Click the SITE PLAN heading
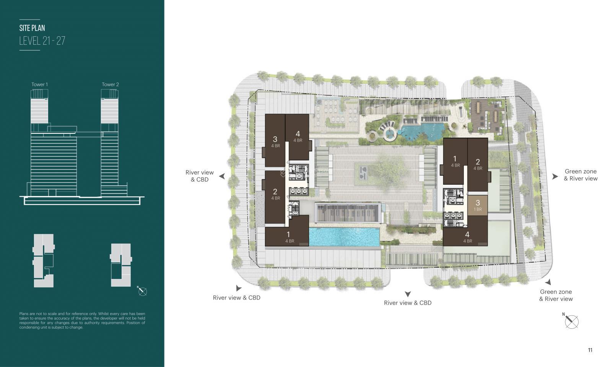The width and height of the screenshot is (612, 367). [32, 28]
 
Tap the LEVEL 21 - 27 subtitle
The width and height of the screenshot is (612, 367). [42, 41]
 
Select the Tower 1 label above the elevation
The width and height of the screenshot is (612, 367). [39, 84]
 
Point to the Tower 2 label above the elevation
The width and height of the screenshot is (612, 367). [110, 84]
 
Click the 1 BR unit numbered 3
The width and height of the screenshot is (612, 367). [477, 205]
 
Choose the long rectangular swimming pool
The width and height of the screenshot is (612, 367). [344, 237]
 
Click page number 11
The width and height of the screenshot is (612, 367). [590, 350]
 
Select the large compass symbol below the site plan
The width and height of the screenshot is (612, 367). [571, 321]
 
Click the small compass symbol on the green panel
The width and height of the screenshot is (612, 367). [142, 291]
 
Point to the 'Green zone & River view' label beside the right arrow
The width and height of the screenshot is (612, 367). [581, 175]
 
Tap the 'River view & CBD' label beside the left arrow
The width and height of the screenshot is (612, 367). [199, 176]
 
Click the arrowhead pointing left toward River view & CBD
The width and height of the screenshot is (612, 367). [222, 176]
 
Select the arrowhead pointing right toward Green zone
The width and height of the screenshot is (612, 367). [555, 176]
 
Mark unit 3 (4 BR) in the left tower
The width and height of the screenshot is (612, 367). [275, 140]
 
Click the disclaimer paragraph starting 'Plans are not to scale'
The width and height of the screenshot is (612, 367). [82, 320]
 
